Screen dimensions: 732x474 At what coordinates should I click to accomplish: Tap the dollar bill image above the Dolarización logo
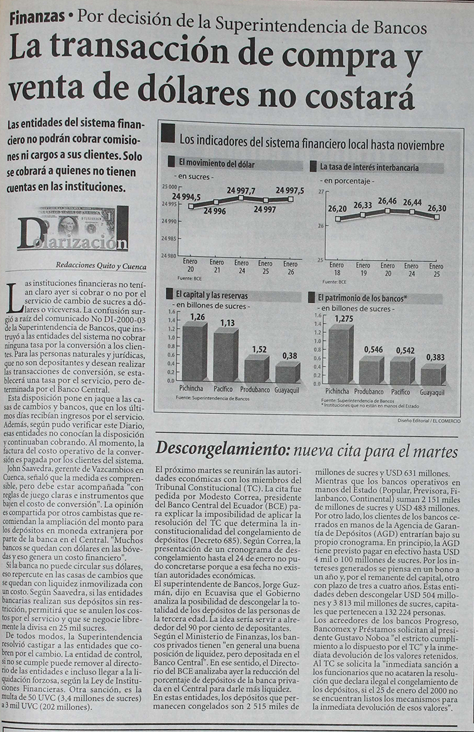(x=76, y=222)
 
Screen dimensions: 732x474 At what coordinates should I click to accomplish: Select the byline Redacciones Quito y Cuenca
(x=101, y=265)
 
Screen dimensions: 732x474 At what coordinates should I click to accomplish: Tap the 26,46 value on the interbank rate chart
(x=387, y=201)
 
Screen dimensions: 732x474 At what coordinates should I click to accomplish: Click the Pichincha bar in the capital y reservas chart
(x=194, y=352)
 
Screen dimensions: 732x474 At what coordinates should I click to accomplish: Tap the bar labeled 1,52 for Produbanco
(x=256, y=369)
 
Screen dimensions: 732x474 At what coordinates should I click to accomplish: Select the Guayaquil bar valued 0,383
(x=432, y=374)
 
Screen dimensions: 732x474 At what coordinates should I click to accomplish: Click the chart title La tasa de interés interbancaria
(x=369, y=168)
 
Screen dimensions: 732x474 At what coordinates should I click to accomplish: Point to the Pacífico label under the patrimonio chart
(x=400, y=392)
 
